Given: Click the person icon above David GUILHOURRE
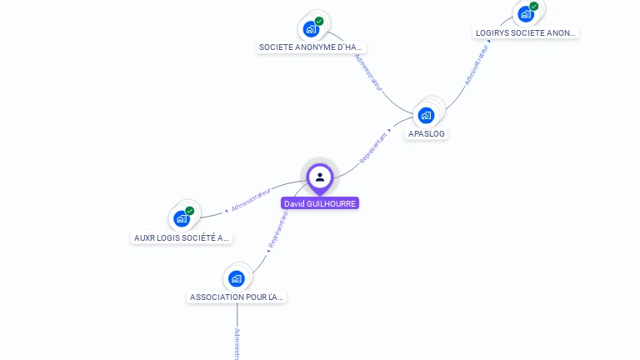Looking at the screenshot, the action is pyautogui.click(x=320, y=177).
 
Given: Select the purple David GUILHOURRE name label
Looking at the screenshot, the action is pyautogui.click(x=320, y=203).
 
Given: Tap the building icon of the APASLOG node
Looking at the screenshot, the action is pyautogui.click(x=427, y=115).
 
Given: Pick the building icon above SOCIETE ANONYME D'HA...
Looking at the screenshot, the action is pyautogui.click(x=312, y=29).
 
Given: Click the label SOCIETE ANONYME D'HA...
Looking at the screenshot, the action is pyautogui.click(x=312, y=47).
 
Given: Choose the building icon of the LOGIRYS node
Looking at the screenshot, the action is pyautogui.click(x=525, y=14).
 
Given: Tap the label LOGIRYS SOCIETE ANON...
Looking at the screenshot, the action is pyautogui.click(x=525, y=33).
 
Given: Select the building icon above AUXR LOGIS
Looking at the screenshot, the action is pyautogui.click(x=182, y=219).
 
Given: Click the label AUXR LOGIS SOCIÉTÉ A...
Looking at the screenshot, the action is pyautogui.click(x=182, y=237).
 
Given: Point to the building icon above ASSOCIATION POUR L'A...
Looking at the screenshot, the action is pyautogui.click(x=237, y=278).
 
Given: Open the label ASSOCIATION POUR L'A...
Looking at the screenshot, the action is pyautogui.click(x=237, y=297).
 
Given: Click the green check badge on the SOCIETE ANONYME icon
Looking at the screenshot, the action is pyautogui.click(x=319, y=21).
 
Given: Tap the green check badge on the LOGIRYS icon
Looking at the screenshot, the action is pyautogui.click(x=533, y=7).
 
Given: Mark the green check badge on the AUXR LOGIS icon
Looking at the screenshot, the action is pyautogui.click(x=189, y=211).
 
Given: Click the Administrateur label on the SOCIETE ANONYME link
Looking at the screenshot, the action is pyautogui.click(x=367, y=72).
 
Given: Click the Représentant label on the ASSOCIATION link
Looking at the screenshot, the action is pyautogui.click(x=277, y=229).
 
